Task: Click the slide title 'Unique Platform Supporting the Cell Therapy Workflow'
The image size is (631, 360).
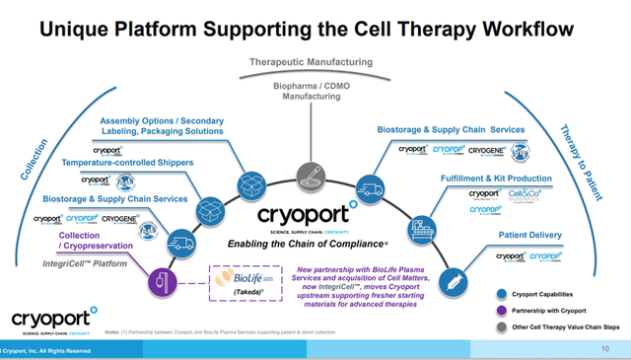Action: [315, 26]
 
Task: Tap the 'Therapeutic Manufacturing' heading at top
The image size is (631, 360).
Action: [314, 62]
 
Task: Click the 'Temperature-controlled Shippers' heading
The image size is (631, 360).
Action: [127, 162]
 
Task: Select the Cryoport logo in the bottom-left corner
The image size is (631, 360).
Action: [54, 321]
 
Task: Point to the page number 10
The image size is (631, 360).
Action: [604, 348]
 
